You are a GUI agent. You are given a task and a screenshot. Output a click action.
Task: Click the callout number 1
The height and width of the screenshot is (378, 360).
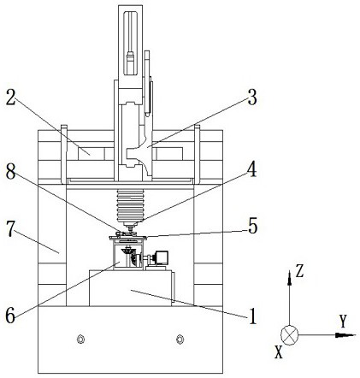252,316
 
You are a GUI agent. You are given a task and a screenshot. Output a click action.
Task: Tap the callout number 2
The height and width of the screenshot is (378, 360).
11,98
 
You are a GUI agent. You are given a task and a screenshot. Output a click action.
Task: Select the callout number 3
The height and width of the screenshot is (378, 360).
252,98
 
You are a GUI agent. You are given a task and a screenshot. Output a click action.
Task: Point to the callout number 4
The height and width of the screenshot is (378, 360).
251,170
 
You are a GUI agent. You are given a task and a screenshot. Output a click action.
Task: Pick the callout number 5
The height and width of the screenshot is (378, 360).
252,226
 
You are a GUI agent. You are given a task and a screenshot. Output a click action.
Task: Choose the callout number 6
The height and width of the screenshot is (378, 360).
10,316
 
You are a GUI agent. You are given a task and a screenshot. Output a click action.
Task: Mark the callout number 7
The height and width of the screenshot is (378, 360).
10,230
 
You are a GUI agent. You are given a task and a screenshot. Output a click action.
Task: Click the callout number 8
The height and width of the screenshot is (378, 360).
11,172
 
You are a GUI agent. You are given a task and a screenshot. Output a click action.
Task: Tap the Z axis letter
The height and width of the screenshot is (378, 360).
299,271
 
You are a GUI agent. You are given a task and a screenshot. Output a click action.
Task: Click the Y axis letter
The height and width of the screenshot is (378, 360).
343,322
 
